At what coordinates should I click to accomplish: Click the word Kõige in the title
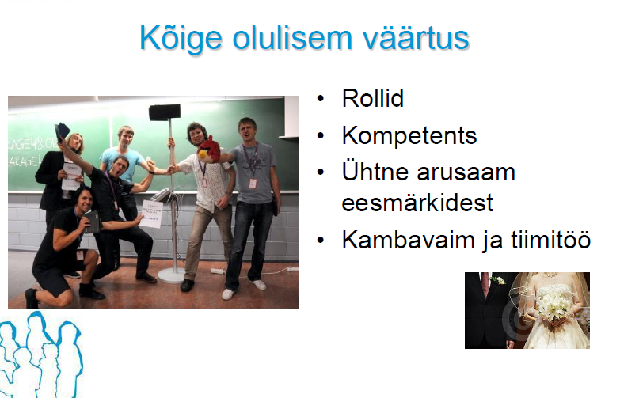click(x=181, y=39)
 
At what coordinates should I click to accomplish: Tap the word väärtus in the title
click(x=416, y=38)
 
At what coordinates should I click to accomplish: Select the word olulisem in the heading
click(x=292, y=38)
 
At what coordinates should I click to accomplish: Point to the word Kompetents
click(x=409, y=135)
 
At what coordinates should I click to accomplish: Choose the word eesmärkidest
click(x=417, y=203)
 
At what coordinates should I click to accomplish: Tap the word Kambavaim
click(x=408, y=240)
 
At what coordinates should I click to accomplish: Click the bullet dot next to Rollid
click(x=320, y=98)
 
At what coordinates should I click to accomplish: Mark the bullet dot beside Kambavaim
click(x=320, y=240)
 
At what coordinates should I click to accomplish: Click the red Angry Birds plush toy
click(x=209, y=150)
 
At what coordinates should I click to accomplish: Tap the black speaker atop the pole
click(x=165, y=112)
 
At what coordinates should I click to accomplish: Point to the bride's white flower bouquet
click(x=553, y=305)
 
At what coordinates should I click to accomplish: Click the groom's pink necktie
click(x=485, y=284)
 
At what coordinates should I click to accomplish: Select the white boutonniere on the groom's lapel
click(x=497, y=280)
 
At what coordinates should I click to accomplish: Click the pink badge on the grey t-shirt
click(x=253, y=183)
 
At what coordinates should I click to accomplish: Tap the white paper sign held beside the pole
click(x=151, y=214)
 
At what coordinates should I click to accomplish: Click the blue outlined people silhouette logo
click(x=40, y=354)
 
